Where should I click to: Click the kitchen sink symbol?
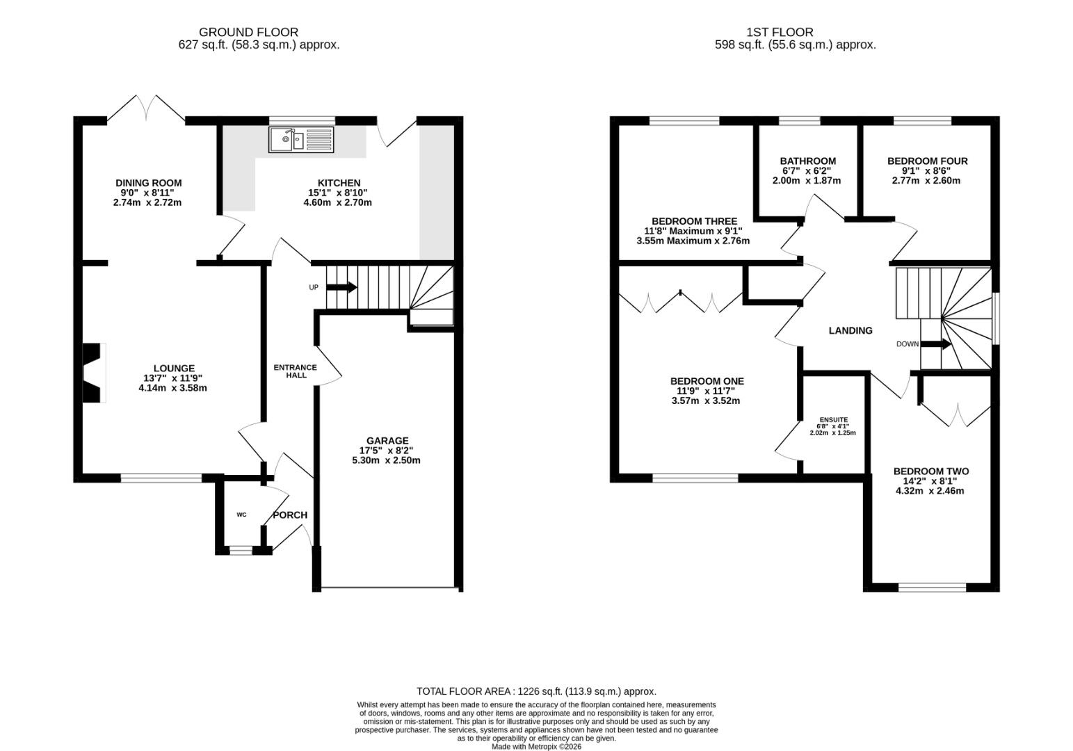(301, 139)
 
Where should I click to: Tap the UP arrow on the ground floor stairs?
(341, 287)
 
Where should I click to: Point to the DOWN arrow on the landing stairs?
(936, 344)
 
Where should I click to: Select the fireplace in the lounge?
(95, 373)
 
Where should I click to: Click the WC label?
(241, 515)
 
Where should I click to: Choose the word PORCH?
(290, 515)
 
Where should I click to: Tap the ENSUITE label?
(834, 419)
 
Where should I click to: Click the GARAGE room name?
(387, 441)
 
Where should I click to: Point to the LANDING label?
(850, 330)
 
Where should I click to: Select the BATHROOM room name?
(807, 161)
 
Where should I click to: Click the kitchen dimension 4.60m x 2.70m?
(338, 202)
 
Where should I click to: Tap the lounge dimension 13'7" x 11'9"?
(173, 378)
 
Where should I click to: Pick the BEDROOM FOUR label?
(928, 161)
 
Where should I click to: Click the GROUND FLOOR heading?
(249, 32)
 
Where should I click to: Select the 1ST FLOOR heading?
(780, 32)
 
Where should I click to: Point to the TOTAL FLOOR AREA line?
(537, 691)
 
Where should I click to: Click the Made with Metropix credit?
(537, 747)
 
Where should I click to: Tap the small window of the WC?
(241, 550)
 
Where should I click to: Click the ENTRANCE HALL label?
(296, 371)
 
